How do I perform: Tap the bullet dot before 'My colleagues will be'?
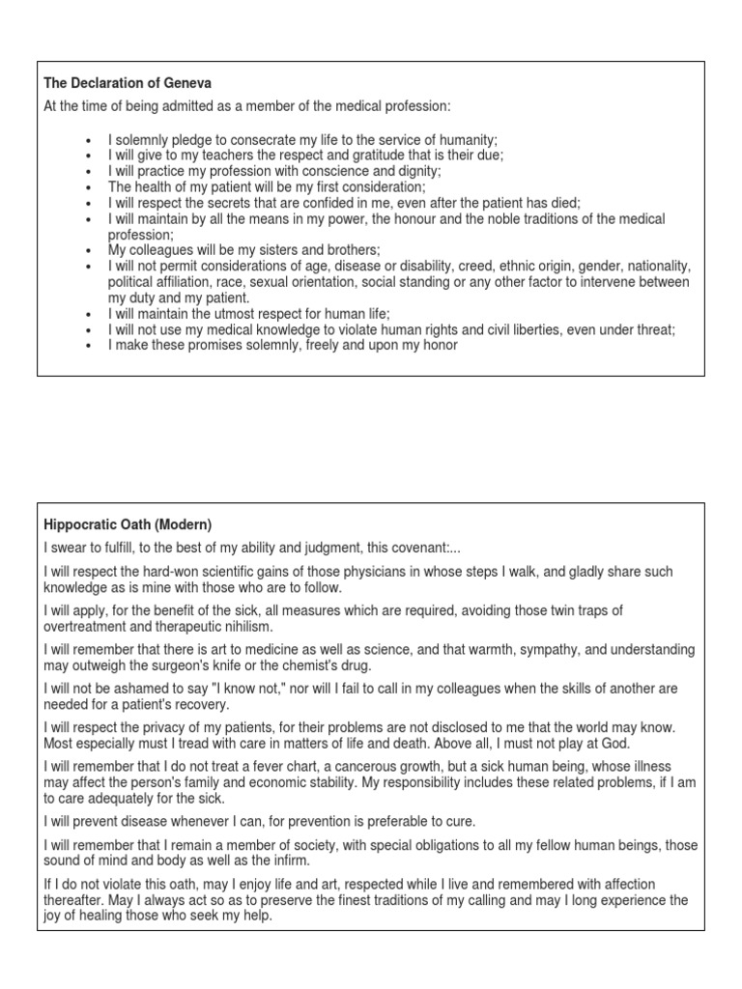pos(89,250)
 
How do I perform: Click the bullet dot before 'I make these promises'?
pos(89,346)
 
